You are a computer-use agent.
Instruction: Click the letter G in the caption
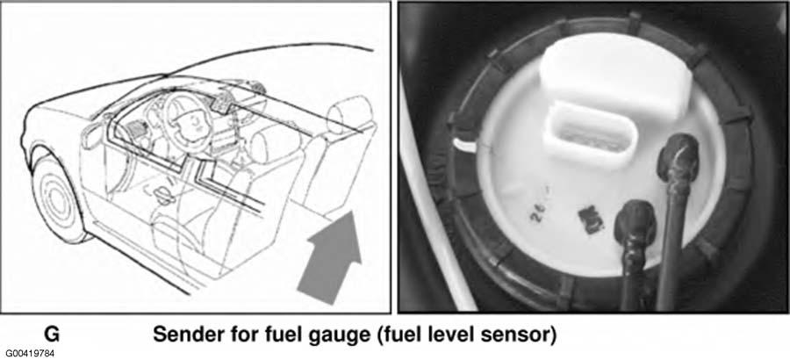coord(52,335)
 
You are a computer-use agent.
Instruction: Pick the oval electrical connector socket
coord(591,133)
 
